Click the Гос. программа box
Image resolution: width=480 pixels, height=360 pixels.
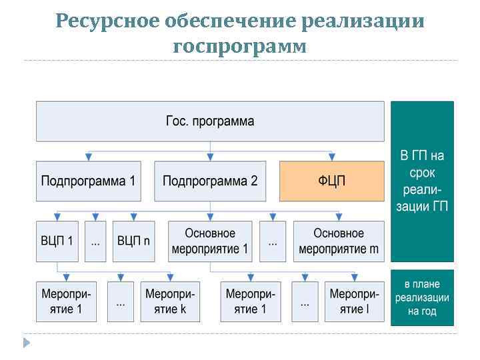(x=210, y=121)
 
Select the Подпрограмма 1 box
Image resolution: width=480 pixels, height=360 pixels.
(x=88, y=181)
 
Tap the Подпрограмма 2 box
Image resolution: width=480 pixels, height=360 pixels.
(x=210, y=181)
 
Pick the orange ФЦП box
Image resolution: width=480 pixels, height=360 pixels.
(x=331, y=181)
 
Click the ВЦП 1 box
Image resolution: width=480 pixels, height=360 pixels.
(x=57, y=241)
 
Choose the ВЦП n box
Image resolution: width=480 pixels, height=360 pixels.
(x=133, y=241)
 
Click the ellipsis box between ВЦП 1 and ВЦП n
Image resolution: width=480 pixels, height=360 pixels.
(x=95, y=241)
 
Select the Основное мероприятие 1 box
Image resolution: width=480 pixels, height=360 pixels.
(x=210, y=241)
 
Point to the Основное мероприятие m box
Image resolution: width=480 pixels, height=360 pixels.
(x=339, y=241)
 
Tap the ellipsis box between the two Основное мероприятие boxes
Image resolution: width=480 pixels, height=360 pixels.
(x=273, y=241)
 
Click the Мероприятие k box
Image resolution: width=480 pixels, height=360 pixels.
(x=170, y=301)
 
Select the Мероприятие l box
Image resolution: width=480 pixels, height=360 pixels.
(x=354, y=301)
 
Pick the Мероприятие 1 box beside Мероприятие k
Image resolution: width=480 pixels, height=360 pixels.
(x=65, y=301)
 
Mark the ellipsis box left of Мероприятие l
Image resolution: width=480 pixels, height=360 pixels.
(x=305, y=301)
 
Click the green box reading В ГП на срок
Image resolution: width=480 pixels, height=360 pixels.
(x=422, y=181)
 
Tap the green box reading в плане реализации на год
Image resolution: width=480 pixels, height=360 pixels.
(x=422, y=297)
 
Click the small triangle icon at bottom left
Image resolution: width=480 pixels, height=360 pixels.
(x=27, y=343)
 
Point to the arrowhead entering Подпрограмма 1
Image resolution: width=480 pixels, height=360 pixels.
(x=88, y=158)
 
